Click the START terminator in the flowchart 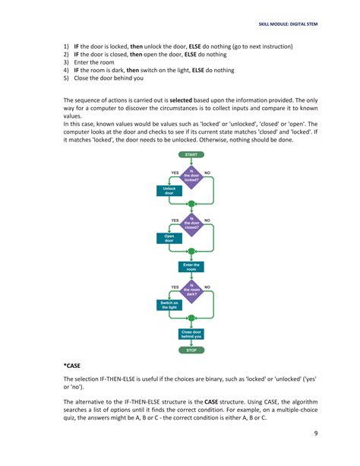(x=191, y=154)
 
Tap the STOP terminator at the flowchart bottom (x=191, y=350)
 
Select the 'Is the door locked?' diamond (x=191, y=176)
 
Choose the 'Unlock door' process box (x=169, y=191)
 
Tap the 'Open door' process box (x=169, y=239)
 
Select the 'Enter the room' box (x=191, y=267)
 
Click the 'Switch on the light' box (x=169, y=306)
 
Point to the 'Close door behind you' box (x=191, y=334)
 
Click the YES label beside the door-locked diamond (x=175, y=172)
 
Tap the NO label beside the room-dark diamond (x=207, y=287)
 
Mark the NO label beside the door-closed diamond (x=207, y=220)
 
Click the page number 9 (x=314, y=434)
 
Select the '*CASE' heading (x=73, y=366)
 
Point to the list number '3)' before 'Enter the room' (x=66, y=63)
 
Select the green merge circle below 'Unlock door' (x=191, y=204)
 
